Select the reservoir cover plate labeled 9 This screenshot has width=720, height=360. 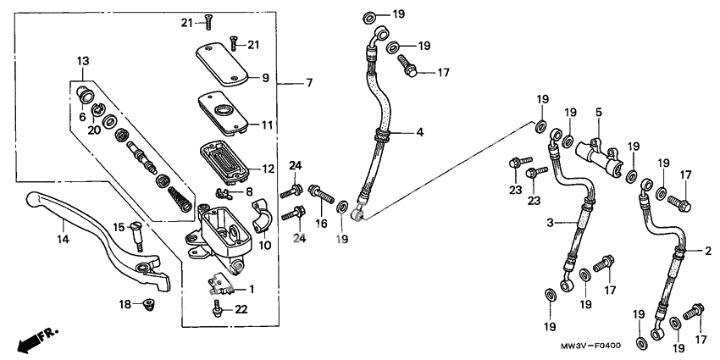pos(222,64)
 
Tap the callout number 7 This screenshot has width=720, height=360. pos(309,83)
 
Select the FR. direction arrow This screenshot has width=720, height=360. pos(37,338)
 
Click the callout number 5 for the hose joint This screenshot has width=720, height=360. pos(598,112)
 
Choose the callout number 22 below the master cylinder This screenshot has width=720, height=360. pos(241,310)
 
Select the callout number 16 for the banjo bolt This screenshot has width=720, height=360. pos(321,224)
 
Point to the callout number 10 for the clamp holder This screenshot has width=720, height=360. pos(264,246)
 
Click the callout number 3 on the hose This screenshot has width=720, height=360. pos(550,222)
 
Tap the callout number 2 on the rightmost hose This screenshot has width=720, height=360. pos(708,252)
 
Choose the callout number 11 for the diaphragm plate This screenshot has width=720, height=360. pos(267,125)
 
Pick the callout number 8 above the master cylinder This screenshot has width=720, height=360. pos(249,192)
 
